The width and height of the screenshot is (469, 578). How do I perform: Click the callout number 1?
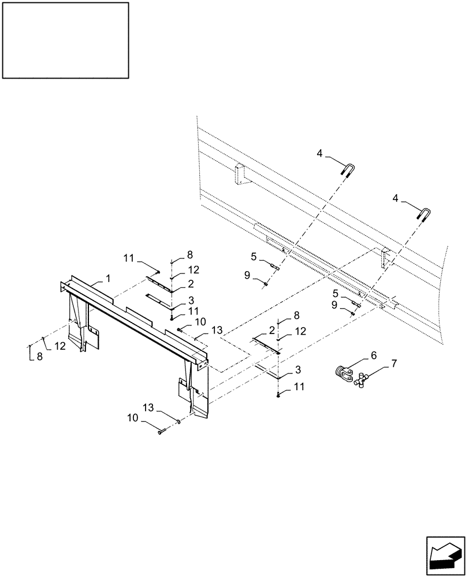click(107, 279)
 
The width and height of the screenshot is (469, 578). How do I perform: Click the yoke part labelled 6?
click(345, 375)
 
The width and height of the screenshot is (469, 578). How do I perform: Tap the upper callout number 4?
click(319, 153)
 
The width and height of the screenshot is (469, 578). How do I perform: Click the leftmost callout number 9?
click(247, 276)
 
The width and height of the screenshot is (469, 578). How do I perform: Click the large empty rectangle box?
click(65, 40)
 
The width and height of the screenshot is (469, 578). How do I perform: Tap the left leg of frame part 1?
click(77, 324)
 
